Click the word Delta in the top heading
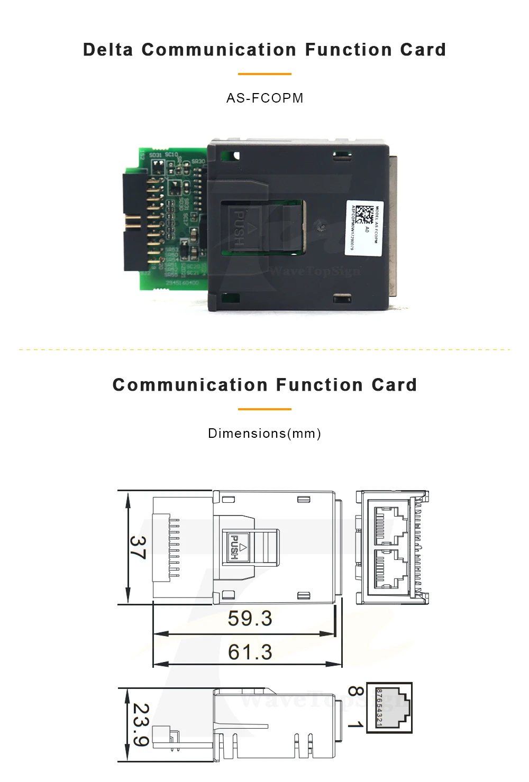[108, 50]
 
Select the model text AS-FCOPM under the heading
[264, 98]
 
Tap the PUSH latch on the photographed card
[240, 228]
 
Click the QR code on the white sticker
[364, 215]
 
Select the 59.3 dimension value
[250, 618]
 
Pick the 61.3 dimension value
[250, 652]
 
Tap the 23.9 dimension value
[141, 724]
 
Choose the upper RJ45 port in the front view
[390, 525]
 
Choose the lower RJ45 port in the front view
[390, 569]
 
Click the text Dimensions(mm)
[264, 434]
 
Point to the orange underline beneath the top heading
[264, 74]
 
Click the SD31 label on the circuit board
[156, 155]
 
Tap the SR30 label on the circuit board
[198, 161]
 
